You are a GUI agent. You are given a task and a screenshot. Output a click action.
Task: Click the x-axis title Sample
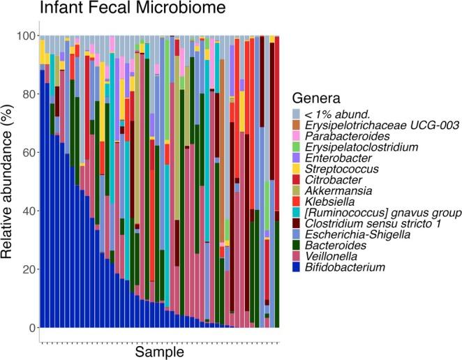click(x=159, y=352)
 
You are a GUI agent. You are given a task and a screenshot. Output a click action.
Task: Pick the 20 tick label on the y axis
click(x=23, y=269)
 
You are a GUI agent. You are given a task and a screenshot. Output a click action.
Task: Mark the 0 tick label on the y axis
click(x=27, y=328)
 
